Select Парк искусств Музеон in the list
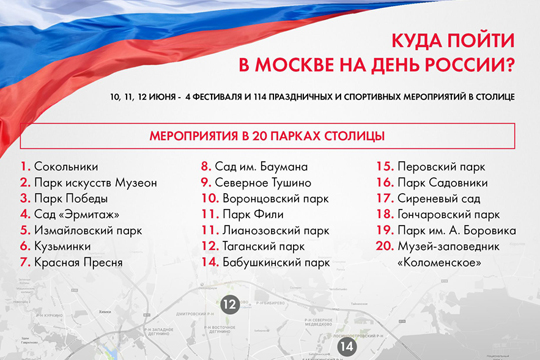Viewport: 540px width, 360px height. click(95, 182)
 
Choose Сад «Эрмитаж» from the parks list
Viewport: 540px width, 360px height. click(76, 214)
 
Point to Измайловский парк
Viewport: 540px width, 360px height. click(85, 230)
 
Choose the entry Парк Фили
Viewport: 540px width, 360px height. click(256, 214)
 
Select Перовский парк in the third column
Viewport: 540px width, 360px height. click(441, 166)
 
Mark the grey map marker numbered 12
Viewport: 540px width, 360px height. click(230, 304)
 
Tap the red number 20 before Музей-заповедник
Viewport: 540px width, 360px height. click(383, 246)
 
